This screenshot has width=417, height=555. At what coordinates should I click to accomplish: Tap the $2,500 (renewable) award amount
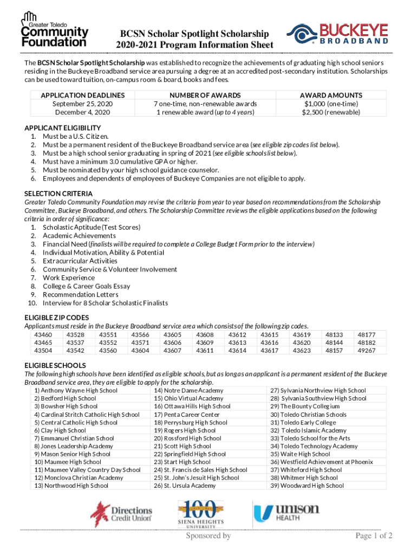coord(331,112)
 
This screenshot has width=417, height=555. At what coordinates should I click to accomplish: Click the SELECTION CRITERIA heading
coord(58,193)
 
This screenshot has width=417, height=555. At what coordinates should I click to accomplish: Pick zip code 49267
coord(366,351)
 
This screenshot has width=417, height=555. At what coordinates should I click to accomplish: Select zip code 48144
coord(334,343)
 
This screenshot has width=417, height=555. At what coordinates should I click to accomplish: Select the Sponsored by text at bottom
coord(208,536)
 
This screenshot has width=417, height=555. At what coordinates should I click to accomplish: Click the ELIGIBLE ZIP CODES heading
coord(57,317)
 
